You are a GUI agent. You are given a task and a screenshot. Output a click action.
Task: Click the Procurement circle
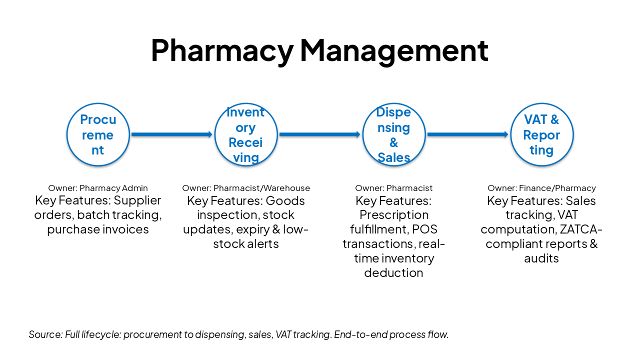click(x=98, y=134)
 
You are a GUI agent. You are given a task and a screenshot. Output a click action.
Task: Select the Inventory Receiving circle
click(x=245, y=134)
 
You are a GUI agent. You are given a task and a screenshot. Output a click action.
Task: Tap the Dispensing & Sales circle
click(x=393, y=134)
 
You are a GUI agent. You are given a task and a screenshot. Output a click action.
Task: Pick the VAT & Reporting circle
click(x=541, y=134)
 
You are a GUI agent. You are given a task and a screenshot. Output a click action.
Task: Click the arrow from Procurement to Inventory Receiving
click(x=171, y=134)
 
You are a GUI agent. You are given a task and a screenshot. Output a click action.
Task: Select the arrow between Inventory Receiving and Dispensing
click(x=319, y=134)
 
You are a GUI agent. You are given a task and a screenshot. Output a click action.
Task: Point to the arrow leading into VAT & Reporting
click(x=467, y=134)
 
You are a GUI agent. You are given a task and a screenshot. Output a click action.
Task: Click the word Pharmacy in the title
click(x=222, y=50)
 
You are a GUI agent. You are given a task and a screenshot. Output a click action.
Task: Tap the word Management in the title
click(x=394, y=50)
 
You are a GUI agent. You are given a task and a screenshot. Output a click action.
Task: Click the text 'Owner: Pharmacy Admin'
click(x=98, y=188)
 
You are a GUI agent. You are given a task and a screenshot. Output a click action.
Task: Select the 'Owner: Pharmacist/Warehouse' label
click(x=246, y=188)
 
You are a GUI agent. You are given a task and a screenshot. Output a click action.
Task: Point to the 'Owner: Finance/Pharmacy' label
click(x=541, y=188)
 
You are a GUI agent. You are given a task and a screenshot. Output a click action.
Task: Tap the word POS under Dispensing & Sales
click(x=425, y=229)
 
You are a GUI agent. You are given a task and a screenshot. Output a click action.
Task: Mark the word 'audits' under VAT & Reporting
click(x=541, y=258)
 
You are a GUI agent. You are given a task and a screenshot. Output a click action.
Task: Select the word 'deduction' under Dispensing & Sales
click(x=393, y=273)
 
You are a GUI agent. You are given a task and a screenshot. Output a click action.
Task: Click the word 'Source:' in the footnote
click(x=45, y=334)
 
